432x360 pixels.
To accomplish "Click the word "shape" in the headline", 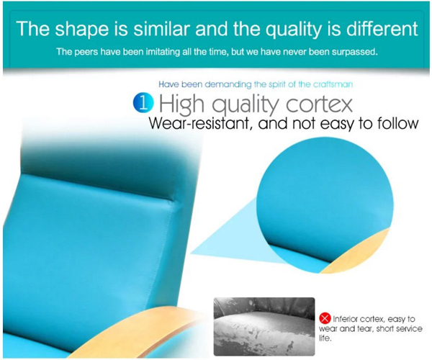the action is [81, 30].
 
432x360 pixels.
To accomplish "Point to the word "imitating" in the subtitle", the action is [163, 52].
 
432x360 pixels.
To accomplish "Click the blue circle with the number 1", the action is [143, 103].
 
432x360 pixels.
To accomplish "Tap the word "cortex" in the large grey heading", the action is [319, 104].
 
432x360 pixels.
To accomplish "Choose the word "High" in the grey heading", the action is [182, 104].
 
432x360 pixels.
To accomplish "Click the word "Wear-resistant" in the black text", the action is [199, 123].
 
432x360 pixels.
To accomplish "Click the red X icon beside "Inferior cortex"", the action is [325, 318].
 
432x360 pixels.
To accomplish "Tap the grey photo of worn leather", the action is [264, 326].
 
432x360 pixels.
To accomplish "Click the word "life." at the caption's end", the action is [325, 338].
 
